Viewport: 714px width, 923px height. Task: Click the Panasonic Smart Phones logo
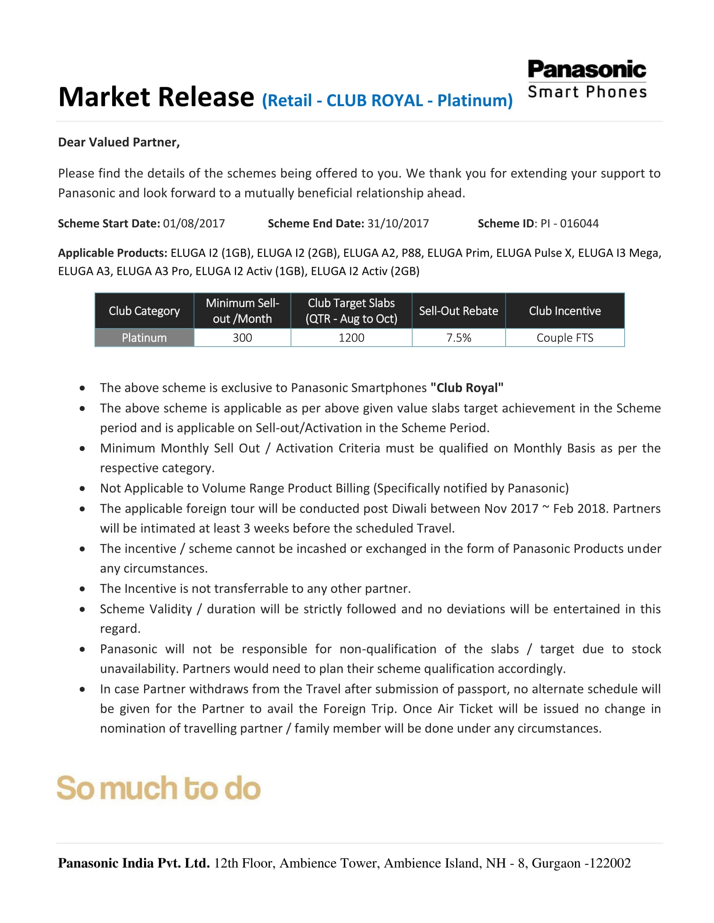587,79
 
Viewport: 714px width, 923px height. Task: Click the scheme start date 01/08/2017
194,223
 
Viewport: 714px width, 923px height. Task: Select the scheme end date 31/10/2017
398,223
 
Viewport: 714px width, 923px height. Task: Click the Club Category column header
144,310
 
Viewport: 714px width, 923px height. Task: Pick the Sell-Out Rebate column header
459,310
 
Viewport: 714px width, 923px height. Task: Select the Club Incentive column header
564,310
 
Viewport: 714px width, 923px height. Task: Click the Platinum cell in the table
144,338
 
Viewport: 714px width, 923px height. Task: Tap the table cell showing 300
242,338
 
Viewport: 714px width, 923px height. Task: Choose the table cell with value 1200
351,338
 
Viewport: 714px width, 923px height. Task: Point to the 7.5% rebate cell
459,338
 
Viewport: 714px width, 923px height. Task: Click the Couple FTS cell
564,338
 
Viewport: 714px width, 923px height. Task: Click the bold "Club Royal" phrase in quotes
467,388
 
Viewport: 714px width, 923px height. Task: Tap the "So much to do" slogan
159,788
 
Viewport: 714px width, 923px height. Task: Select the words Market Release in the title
156,97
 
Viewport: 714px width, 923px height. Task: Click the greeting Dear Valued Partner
119,142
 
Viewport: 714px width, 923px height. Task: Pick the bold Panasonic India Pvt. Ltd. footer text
134,863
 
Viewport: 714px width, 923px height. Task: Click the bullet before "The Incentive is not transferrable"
82,589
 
